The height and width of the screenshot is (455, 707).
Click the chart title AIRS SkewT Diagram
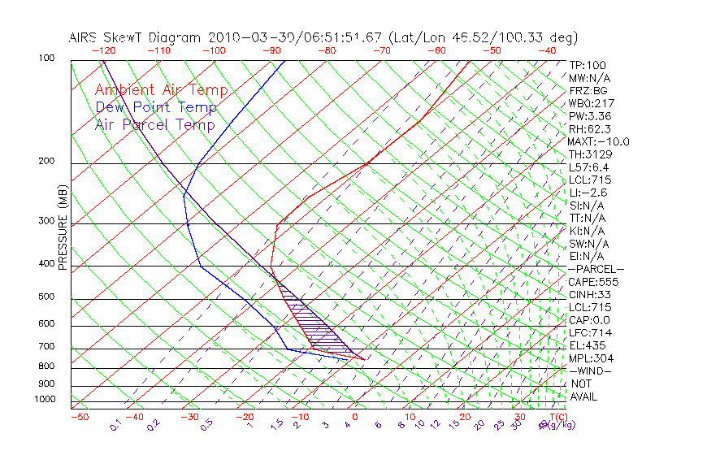pos(137,37)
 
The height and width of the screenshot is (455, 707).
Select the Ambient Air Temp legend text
pos(162,90)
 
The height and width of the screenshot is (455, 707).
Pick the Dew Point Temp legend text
pos(156,107)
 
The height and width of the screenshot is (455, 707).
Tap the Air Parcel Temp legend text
pos(155,124)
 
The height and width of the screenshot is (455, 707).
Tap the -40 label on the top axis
pos(547,50)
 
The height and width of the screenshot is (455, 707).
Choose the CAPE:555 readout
pos(593,282)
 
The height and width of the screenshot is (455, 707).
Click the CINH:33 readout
pos(591,295)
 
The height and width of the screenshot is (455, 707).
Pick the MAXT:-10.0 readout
pos(599,141)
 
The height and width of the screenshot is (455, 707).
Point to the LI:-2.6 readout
pos(588,193)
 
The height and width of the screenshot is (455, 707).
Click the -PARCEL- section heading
pos(596,269)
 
